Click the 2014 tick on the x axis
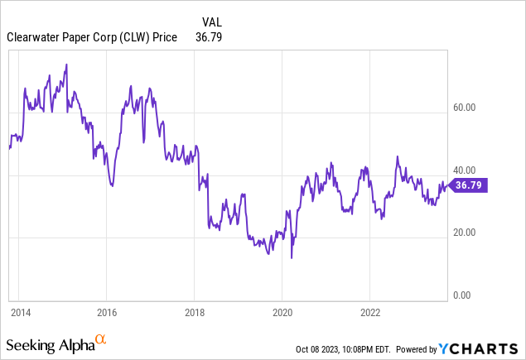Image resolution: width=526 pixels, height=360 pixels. point(22,313)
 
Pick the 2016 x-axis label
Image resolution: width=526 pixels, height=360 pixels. point(106,313)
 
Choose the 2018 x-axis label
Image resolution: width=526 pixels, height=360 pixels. point(194,313)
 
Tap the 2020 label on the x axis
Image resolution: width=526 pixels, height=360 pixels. point(282,313)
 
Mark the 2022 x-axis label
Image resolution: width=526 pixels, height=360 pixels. point(369,313)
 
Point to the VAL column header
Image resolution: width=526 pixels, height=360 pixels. point(213,22)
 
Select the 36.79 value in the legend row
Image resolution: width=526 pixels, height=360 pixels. point(209,37)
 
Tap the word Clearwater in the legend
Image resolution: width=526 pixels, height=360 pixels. point(33,37)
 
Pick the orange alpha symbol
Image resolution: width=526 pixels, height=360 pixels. point(101,339)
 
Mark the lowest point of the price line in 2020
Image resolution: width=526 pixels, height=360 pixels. point(292,258)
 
